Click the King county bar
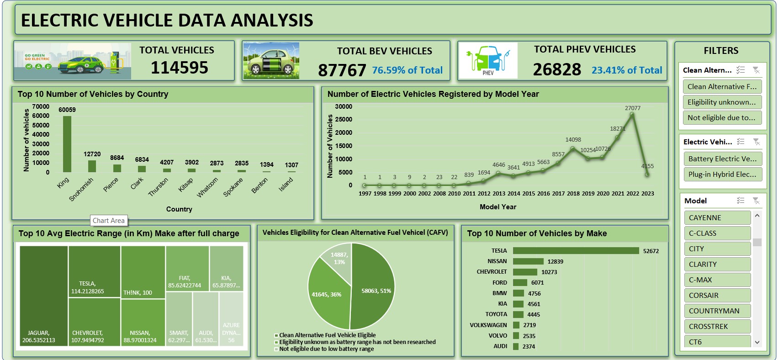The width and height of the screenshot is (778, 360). coord(67,144)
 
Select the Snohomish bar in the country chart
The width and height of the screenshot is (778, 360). coord(92,166)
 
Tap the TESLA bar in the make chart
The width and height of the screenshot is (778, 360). coord(576,251)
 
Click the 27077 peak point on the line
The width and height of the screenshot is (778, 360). coord(632,115)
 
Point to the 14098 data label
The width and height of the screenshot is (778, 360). coord(573,140)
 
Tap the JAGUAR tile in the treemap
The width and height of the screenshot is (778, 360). coord(43,297)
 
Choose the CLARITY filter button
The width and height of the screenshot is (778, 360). coord(717,265)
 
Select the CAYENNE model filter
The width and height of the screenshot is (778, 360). coord(717,218)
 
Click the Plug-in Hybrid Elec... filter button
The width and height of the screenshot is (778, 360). coord(722,175)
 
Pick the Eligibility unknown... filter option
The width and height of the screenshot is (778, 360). coord(721,102)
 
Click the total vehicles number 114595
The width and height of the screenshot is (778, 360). coord(180,68)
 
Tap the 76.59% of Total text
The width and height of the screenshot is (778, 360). coord(407,70)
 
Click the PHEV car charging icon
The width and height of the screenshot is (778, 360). coord(488,60)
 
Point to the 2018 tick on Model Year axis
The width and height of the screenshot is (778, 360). coord(573,194)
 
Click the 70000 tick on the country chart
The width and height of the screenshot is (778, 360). coord(41,106)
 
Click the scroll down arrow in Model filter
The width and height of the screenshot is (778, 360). coord(757,342)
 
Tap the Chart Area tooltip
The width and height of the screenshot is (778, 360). coord(109,221)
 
